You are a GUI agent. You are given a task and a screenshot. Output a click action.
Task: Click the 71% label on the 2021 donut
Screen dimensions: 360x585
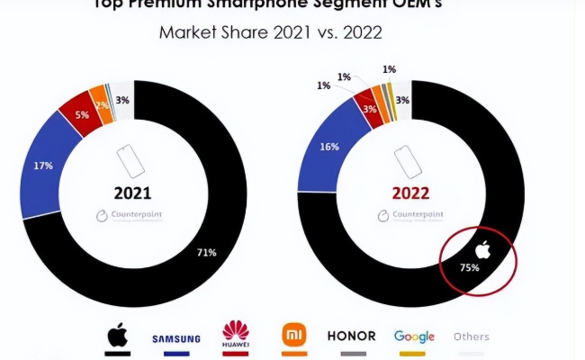click(206, 253)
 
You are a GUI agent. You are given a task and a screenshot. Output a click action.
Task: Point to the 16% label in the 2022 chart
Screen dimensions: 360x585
click(329, 145)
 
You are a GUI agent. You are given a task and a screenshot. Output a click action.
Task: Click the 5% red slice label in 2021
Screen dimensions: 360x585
click(81, 114)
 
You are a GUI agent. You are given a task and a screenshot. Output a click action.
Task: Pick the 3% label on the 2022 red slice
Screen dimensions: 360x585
click(369, 109)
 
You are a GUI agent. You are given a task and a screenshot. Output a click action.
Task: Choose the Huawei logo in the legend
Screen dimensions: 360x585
click(235, 336)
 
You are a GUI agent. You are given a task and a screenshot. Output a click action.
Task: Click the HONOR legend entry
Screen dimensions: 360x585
click(351, 336)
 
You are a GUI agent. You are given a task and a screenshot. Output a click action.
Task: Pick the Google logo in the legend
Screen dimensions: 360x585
click(414, 337)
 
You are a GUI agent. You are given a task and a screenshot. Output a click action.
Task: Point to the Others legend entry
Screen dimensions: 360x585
click(472, 337)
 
